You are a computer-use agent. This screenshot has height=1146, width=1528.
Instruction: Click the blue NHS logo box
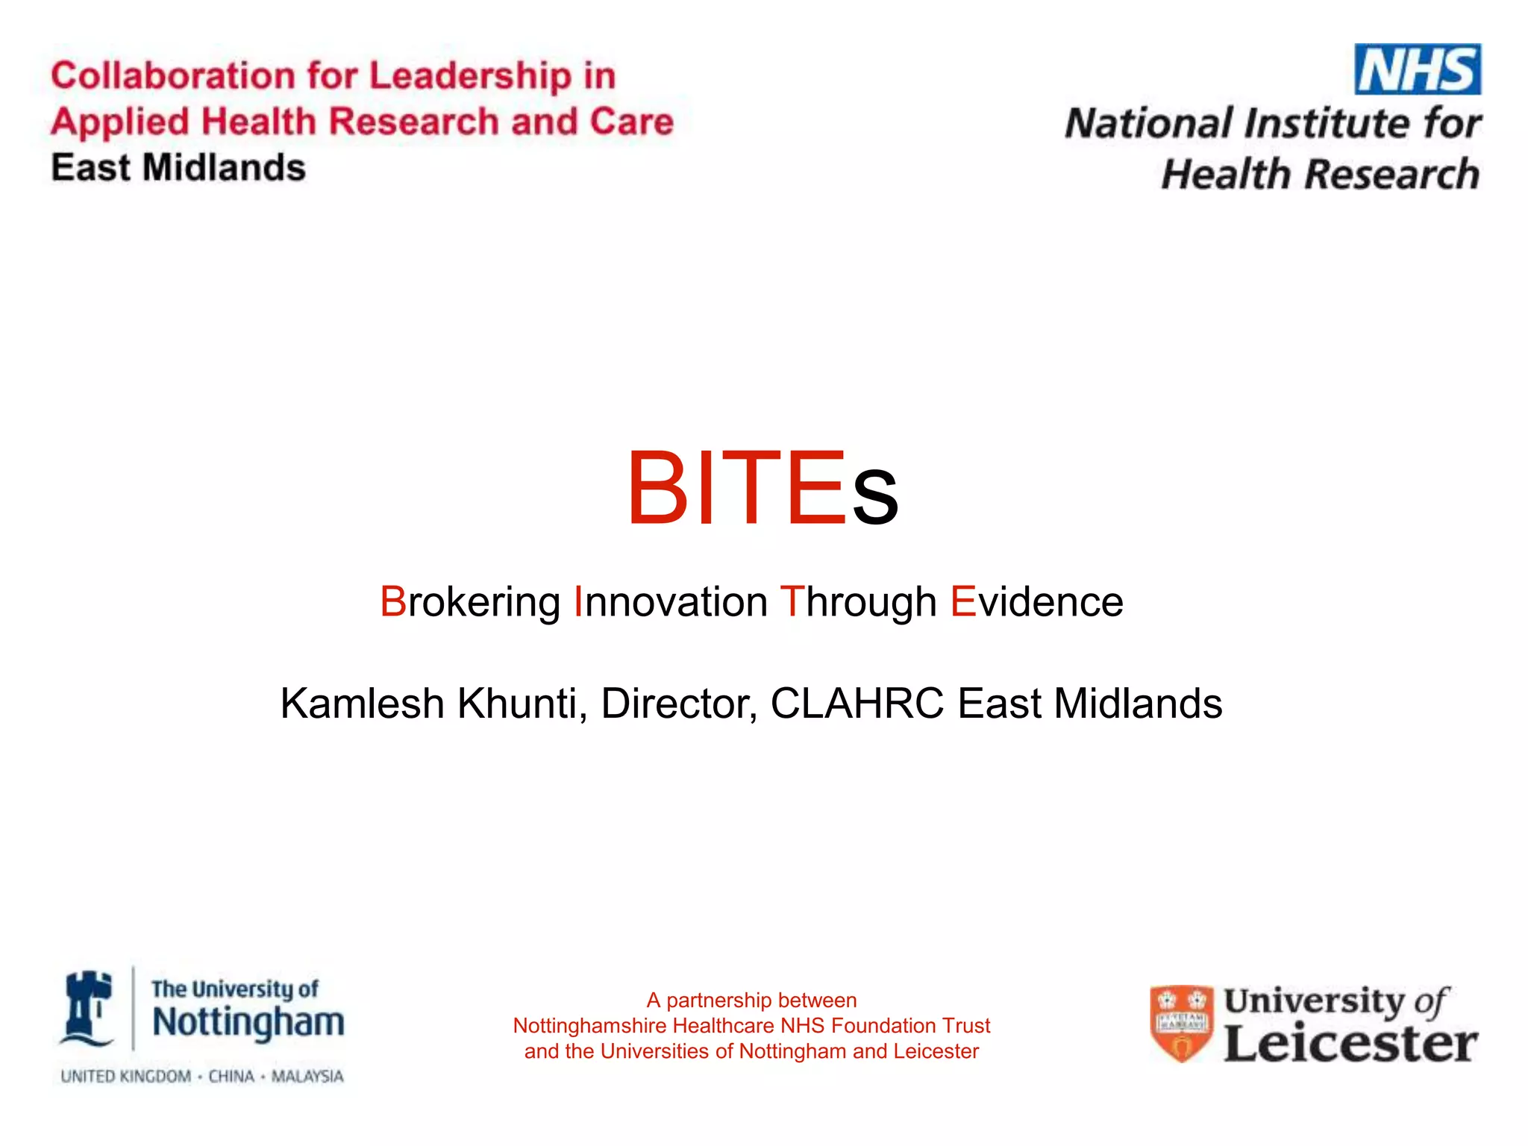[x=1417, y=69]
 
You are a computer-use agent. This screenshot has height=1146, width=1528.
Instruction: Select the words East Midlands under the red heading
[x=178, y=168]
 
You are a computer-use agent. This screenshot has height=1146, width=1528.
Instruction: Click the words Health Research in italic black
[x=1320, y=175]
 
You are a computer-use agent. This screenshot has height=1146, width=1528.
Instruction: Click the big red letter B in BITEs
[x=656, y=489]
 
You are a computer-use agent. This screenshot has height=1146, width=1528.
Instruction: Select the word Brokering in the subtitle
[x=470, y=601]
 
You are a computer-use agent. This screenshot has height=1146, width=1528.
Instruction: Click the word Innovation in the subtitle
[x=670, y=601]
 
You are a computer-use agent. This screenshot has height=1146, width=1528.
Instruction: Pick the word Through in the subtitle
[x=858, y=601]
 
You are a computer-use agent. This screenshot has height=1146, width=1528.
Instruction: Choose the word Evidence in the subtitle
[x=1036, y=601]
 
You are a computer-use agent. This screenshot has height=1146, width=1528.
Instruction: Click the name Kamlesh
[x=362, y=703]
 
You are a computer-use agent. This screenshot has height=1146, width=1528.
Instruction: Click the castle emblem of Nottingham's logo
[x=88, y=1009]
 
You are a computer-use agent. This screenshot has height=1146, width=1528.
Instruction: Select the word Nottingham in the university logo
[x=248, y=1022]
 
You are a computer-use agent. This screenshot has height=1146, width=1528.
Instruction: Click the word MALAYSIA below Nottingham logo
[x=307, y=1077]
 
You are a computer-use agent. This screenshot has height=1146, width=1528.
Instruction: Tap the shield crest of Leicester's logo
[x=1180, y=1023]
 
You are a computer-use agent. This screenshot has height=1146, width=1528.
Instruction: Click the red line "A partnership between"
[x=751, y=1000]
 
